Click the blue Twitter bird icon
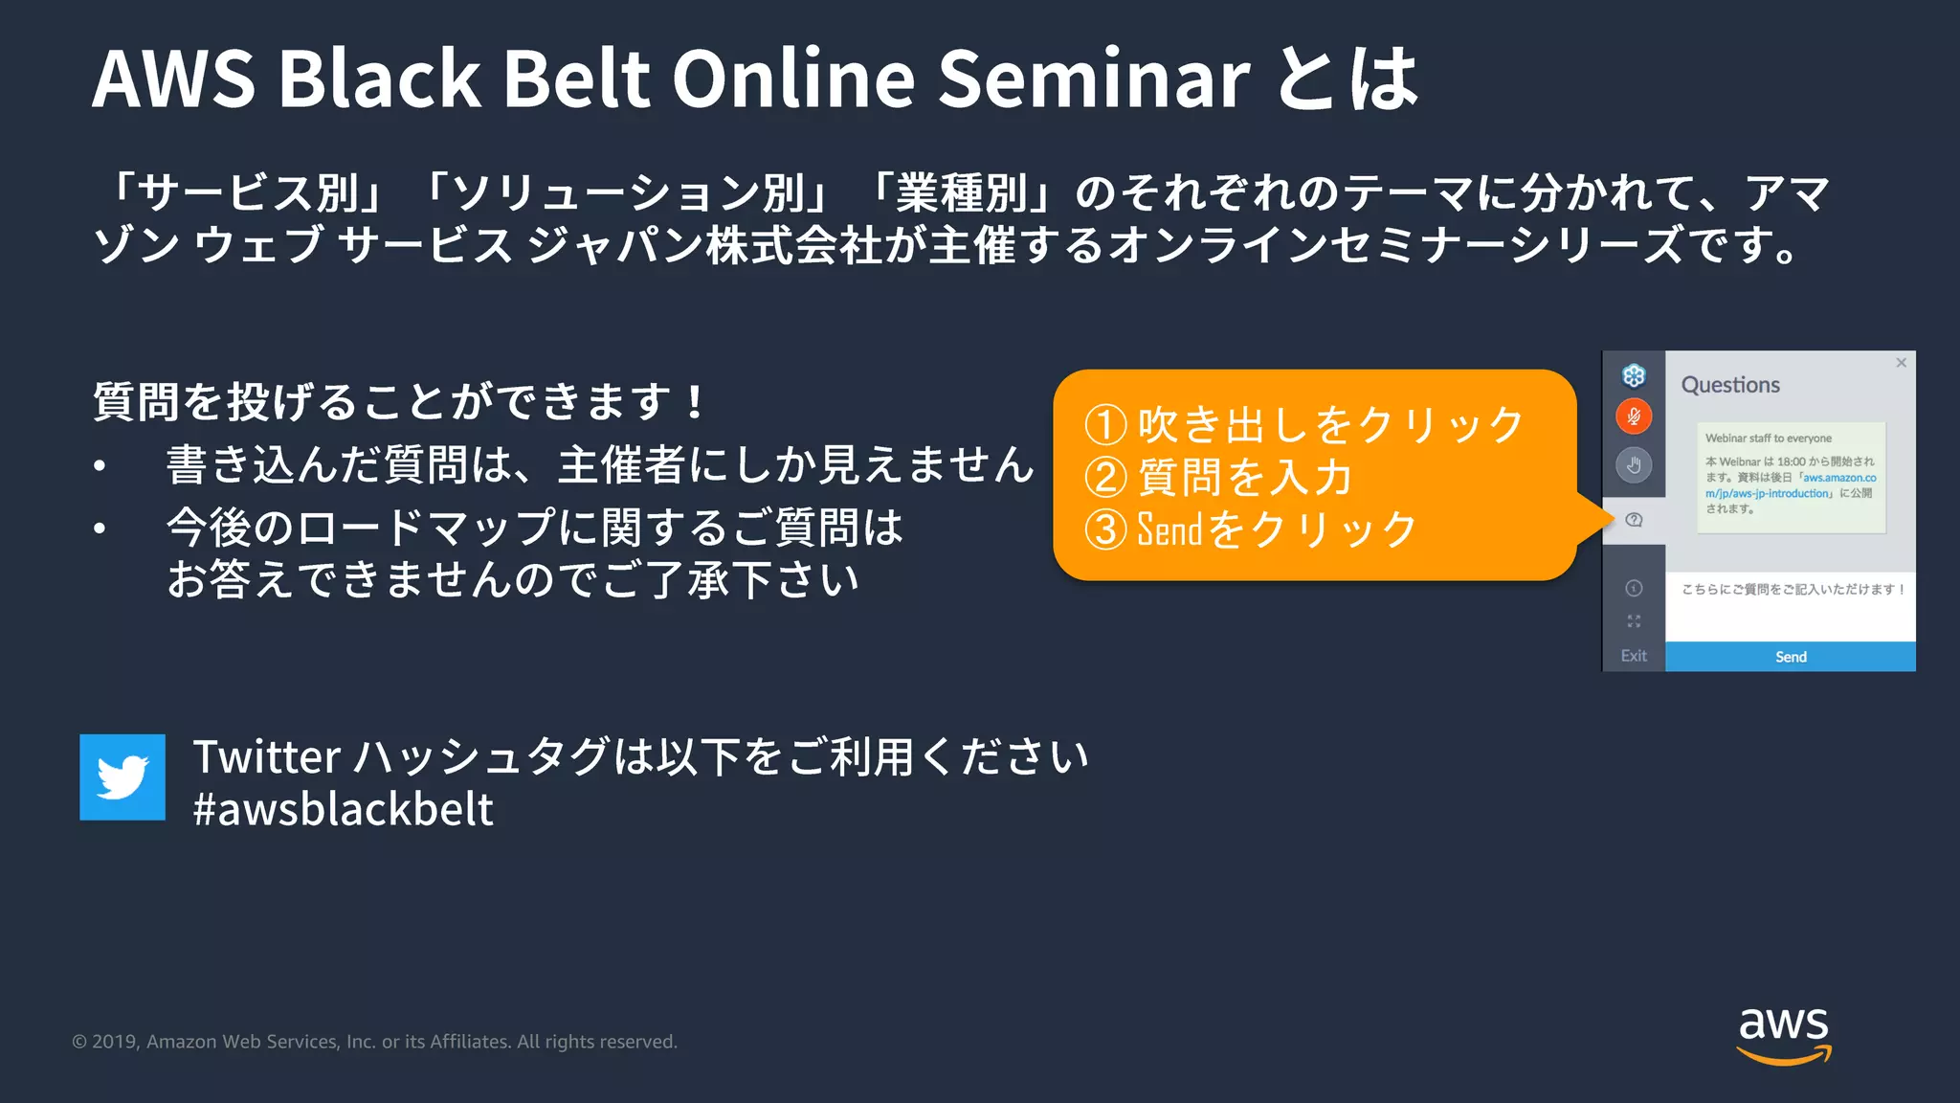122,777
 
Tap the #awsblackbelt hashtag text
343,810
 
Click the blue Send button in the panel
1790,657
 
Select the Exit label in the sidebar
1634,656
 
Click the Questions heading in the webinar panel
1730,385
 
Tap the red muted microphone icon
1634,416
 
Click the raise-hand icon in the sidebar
1634,465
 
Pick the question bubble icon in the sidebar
1634,520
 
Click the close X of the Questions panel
1901,363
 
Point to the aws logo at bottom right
1784,1034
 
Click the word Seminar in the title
1093,79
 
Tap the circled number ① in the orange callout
1105,425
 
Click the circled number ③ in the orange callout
1105,529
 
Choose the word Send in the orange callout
1169,529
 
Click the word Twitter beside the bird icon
267,757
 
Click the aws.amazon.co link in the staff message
1839,478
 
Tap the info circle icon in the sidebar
1634,588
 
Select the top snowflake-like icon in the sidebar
1634,375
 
